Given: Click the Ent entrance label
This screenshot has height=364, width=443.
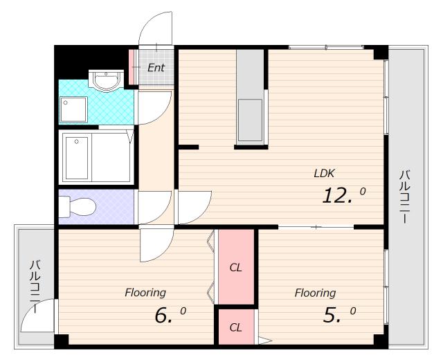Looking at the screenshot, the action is (x=156, y=68).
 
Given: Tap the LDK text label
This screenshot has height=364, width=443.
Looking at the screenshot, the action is (x=325, y=173).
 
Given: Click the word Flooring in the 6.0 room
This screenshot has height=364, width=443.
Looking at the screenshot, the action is (x=145, y=293).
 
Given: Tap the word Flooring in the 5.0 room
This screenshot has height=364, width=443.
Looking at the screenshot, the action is (x=315, y=293).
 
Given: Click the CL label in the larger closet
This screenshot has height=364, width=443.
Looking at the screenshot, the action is (x=236, y=267).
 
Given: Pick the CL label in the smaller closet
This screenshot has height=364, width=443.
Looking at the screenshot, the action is (x=236, y=327).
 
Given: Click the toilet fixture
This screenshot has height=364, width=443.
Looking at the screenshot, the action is (x=77, y=207).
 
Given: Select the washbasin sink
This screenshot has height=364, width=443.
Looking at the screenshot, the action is (x=106, y=80).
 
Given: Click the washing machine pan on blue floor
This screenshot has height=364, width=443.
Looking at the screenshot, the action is (x=73, y=109).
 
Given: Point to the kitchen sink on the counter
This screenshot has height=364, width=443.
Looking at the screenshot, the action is (x=250, y=120).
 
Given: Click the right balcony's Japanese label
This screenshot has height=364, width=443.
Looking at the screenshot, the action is (x=404, y=197).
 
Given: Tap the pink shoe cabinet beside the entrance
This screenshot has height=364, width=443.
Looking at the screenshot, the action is (x=132, y=67).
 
